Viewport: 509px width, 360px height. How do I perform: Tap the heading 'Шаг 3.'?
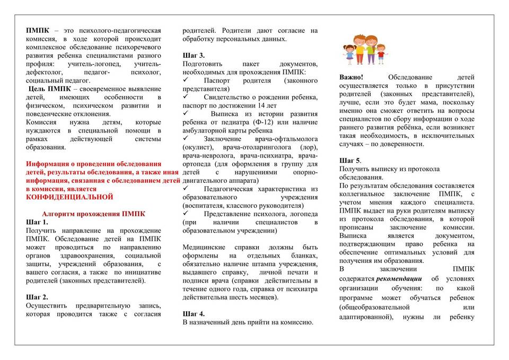(194, 55)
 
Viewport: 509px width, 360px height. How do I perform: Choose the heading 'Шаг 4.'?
(194, 313)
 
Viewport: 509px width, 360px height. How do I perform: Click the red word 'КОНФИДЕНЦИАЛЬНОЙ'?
(69, 197)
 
